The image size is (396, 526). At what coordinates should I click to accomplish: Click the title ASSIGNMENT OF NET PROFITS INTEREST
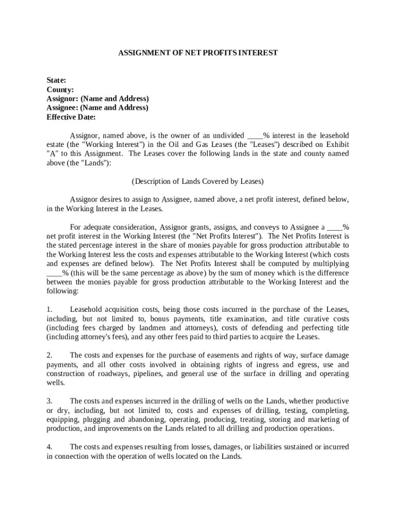click(198, 53)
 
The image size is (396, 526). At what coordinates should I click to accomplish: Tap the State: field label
click(56, 80)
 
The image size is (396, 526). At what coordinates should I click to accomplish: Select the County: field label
click(60, 89)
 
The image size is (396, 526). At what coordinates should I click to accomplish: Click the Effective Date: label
click(71, 117)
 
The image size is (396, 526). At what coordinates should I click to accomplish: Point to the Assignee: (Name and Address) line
click(97, 108)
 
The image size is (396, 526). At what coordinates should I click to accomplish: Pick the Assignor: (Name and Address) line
click(98, 99)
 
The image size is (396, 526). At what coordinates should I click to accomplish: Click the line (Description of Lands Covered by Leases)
click(198, 181)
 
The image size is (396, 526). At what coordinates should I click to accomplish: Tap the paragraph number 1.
click(49, 309)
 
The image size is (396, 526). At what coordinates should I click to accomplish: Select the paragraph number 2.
click(49, 355)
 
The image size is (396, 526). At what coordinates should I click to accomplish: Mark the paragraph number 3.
click(49, 401)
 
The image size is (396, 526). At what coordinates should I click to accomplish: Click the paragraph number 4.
click(49, 446)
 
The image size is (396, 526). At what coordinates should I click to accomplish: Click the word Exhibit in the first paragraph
click(336, 144)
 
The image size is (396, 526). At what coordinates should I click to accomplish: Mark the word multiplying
click(329, 264)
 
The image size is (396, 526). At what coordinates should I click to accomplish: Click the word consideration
click(131, 227)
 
